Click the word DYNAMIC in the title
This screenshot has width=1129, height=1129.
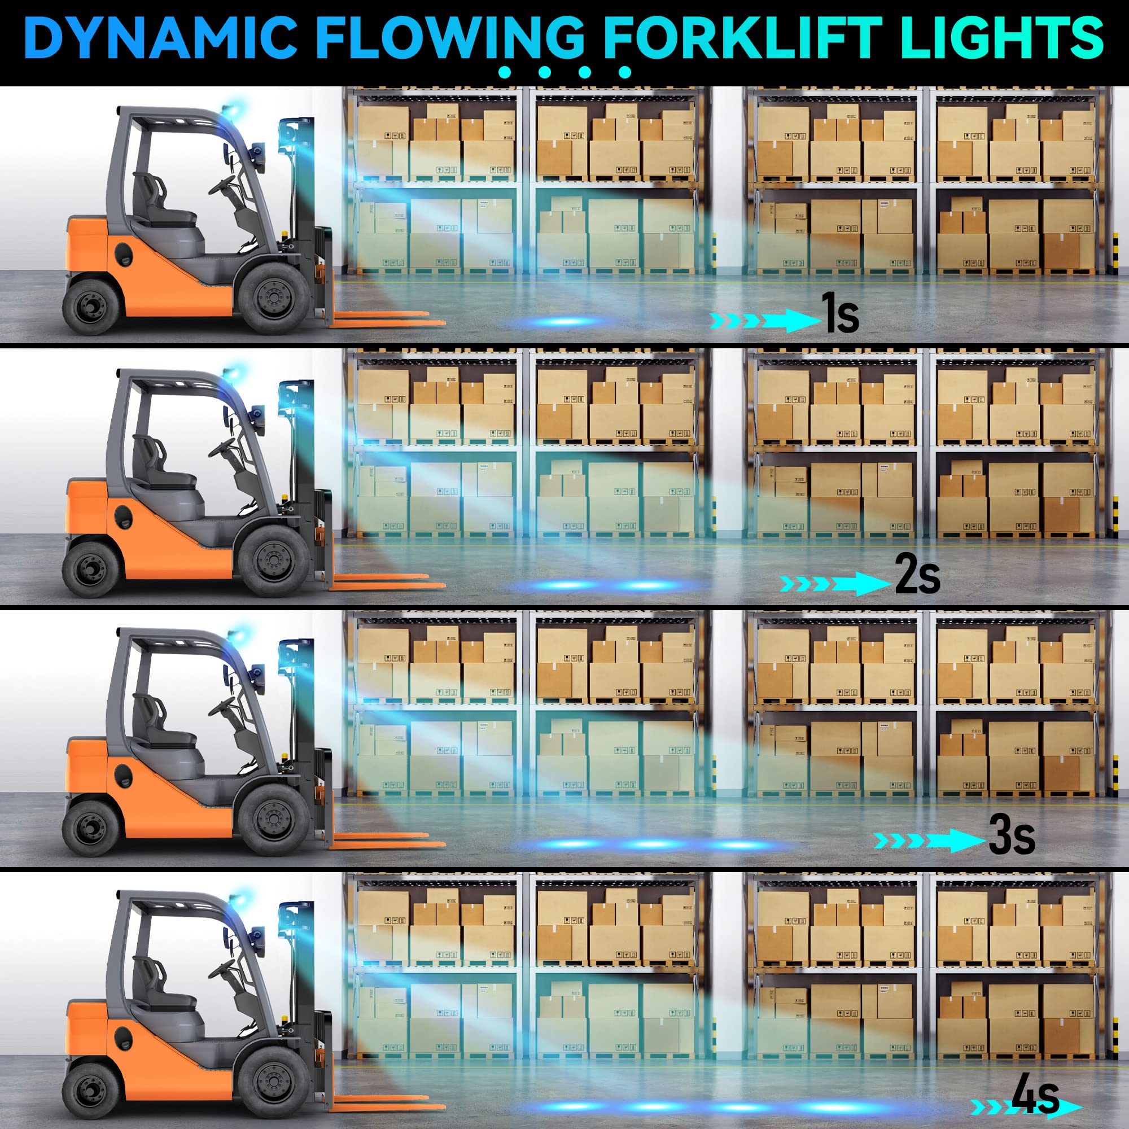(161, 37)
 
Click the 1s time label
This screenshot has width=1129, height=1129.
(840, 313)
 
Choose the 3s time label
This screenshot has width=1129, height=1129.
(1012, 835)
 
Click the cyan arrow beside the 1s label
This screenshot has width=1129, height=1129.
(765, 320)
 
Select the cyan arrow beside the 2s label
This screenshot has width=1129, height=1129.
(836, 583)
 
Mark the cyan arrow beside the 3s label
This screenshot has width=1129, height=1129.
(929, 841)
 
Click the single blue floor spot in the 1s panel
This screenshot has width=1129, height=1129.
(564, 321)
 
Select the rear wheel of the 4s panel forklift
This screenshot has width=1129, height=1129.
(91, 1091)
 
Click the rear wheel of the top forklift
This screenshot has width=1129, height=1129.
(91, 306)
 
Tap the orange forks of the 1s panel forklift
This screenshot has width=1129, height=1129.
(386, 318)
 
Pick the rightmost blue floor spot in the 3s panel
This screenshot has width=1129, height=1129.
(739, 845)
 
